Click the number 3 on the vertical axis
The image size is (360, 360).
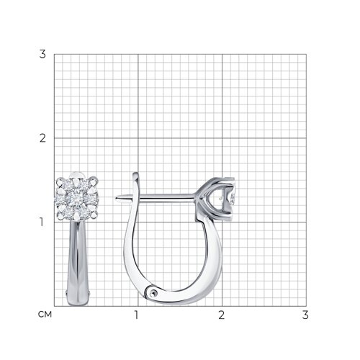pos(42,54)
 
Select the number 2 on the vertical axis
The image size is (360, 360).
pos(42,138)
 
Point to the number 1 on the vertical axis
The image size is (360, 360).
pos(42,222)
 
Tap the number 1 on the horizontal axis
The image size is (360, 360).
pos(136,315)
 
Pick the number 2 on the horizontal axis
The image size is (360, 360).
pos(221,315)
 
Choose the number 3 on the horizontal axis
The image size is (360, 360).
pos(305,315)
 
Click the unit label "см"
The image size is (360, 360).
pos(45,314)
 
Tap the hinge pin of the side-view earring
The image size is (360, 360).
pos(153,292)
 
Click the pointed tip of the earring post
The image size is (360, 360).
pos(117,198)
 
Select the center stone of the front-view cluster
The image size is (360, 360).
pos(77,199)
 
